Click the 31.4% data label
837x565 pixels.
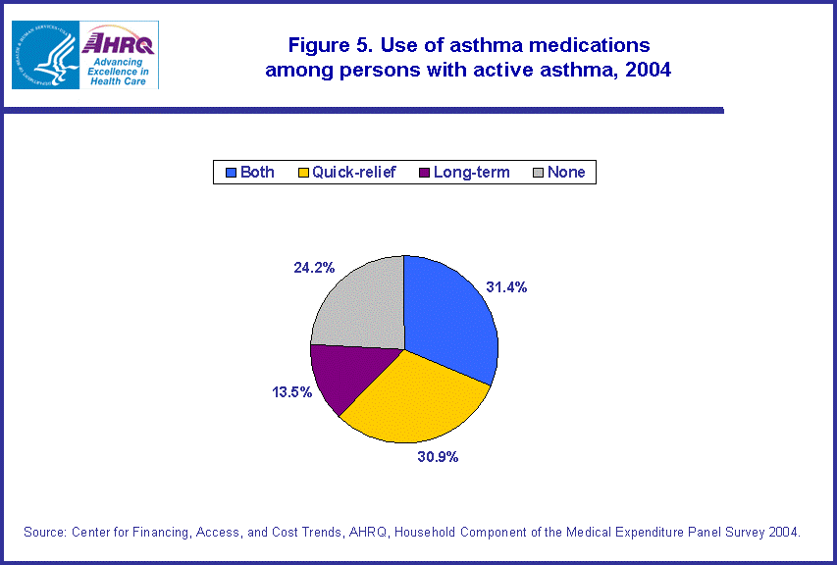pos(506,287)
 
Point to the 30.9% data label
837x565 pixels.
pos(438,457)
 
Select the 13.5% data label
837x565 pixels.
pos(292,392)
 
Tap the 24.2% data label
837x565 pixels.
pos(314,268)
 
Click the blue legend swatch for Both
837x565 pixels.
pos(232,173)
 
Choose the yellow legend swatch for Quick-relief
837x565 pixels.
pos(303,173)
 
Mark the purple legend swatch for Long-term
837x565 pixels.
pos(425,173)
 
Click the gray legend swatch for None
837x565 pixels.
pos(539,173)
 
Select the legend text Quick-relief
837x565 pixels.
pos(354,173)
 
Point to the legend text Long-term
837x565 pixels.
pos(472,173)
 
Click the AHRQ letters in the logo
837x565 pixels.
pos(118,43)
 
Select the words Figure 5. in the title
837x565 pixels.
pos(331,45)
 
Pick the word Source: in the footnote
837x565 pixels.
pos(45,532)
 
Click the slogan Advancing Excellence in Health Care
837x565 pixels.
pos(118,72)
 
